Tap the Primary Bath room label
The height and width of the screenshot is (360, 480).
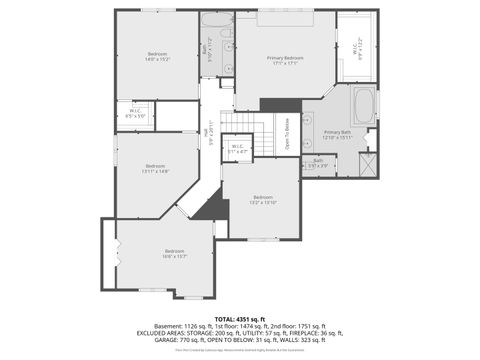(337, 133)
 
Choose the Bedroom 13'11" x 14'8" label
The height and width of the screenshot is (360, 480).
(155, 168)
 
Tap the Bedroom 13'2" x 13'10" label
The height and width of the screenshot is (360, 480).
(263, 199)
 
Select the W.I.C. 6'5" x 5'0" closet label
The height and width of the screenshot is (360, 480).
(135, 113)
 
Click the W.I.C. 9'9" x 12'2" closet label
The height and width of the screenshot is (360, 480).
(357, 47)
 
